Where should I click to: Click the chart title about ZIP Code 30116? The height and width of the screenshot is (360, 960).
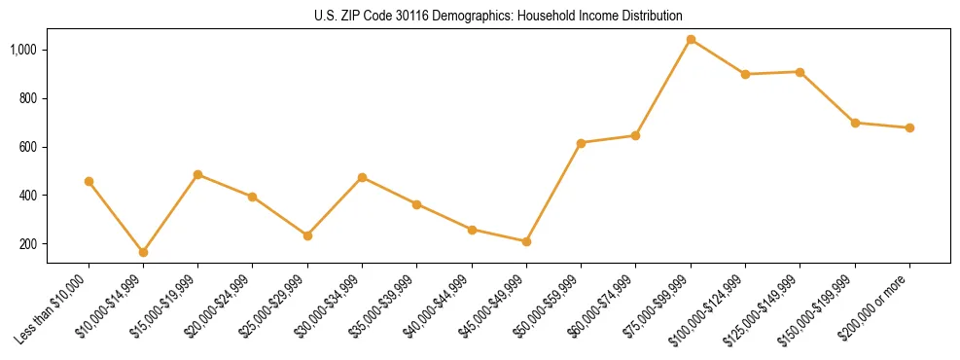498,16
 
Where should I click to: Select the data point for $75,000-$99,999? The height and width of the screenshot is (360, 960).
691,40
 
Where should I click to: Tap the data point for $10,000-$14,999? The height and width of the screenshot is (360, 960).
143,252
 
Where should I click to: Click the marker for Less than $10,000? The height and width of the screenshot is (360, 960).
89,181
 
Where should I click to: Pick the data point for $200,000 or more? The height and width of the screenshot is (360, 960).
909,127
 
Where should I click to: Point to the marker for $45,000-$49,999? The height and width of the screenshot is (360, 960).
526,241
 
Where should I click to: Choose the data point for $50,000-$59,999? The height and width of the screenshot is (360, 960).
581,143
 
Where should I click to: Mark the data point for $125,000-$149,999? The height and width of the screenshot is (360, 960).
800,72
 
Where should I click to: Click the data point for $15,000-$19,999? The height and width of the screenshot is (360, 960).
197,175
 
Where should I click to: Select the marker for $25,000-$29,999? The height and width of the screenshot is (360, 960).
307,235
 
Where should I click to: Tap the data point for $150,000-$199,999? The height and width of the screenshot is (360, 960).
855,123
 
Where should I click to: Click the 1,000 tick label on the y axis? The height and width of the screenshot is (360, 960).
23,50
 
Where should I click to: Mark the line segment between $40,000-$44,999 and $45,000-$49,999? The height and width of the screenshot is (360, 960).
499,235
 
